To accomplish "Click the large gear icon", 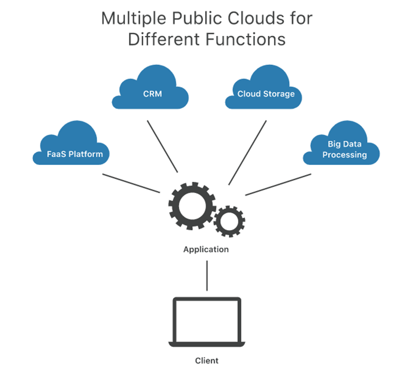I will pyautogui.click(x=190, y=205).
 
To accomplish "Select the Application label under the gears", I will pyautogui.click(x=206, y=250).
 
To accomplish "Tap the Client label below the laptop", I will pyautogui.click(x=207, y=360).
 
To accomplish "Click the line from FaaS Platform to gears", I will pyautogui.click(x=131, y=183).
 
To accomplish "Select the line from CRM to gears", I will pyautogui.click(x=162, y=147).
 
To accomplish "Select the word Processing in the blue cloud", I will pyautogui.click(x=344, y=155).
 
